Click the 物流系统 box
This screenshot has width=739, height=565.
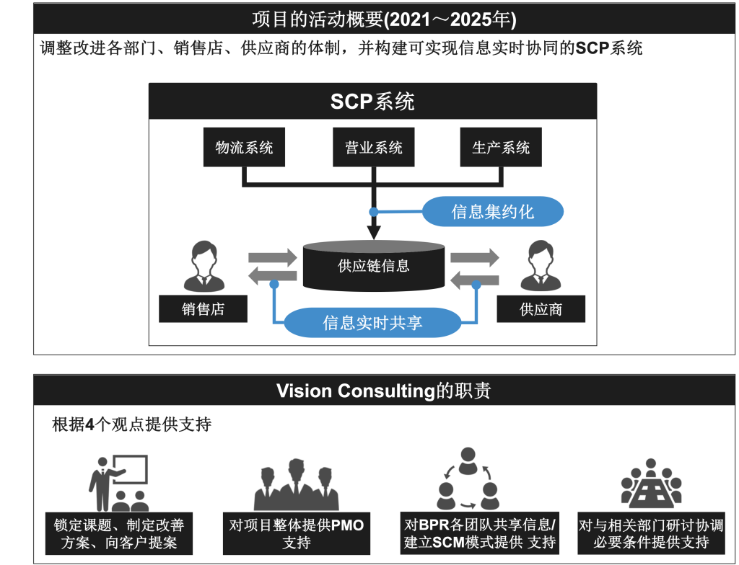[244, 148]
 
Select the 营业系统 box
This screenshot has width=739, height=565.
[373, 148]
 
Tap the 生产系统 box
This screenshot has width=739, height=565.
[501, 148]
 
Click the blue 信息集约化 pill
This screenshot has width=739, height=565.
[492, 212]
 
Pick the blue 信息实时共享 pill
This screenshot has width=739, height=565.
[372, 323]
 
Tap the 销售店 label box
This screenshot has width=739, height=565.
[203, 309]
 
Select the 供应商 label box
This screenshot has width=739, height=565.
[541, 309]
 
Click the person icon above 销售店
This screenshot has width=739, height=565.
[203, 265]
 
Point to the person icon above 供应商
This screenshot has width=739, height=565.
[541, 265]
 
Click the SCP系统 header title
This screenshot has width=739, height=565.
[372, 102]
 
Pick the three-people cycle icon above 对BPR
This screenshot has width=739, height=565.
[468, 479]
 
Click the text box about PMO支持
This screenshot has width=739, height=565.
[296, 534]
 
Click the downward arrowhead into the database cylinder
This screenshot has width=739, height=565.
[373, 232]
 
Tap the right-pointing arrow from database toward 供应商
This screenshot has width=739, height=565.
[474, 257]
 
